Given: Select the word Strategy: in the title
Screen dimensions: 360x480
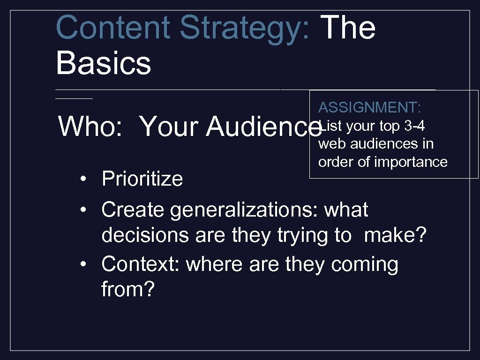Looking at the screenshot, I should point(244,27).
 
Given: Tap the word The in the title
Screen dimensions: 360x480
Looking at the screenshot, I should point(349,27).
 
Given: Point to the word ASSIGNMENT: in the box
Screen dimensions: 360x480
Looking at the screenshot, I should point(369,107).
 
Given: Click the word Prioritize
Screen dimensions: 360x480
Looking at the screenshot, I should point(142,179).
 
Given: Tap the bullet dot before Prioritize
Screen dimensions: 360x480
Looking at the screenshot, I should point(82,180).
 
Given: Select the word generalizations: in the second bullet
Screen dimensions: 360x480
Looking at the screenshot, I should point(243,210).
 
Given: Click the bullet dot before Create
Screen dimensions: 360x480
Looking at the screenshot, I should point(82,210).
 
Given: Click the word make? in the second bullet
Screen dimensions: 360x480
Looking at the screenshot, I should point(395,235).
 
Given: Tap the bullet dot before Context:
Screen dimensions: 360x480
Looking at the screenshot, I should point(82,265).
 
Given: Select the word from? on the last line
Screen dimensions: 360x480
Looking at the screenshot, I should point(127,290).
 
